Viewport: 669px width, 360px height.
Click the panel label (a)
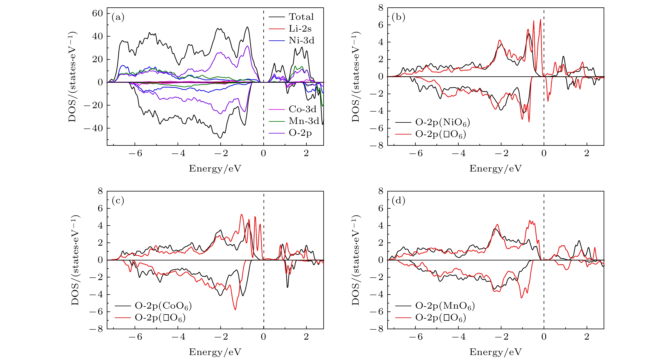click(118, 17)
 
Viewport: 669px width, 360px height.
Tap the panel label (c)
click(118, 201)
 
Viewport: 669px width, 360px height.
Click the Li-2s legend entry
click(300, 29)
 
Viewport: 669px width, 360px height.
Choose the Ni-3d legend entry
click(301, 41)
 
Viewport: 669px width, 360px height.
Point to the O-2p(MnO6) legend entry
click(445, 306)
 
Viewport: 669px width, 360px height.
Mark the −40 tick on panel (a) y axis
click(94, 128)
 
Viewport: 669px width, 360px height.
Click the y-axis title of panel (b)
click(355, 77)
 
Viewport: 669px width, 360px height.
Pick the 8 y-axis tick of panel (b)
click(381, 8)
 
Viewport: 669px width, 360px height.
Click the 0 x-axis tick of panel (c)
click(263, 337)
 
